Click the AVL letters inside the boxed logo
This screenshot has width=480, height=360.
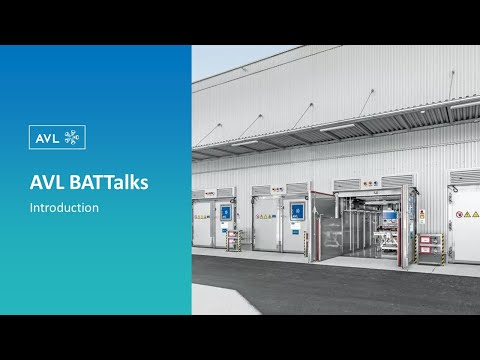coord(45,137)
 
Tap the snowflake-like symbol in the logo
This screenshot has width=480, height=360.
coord(72,137)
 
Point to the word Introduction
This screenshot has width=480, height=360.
coord(64,208)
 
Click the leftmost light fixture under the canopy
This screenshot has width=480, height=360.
coord(245,143)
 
